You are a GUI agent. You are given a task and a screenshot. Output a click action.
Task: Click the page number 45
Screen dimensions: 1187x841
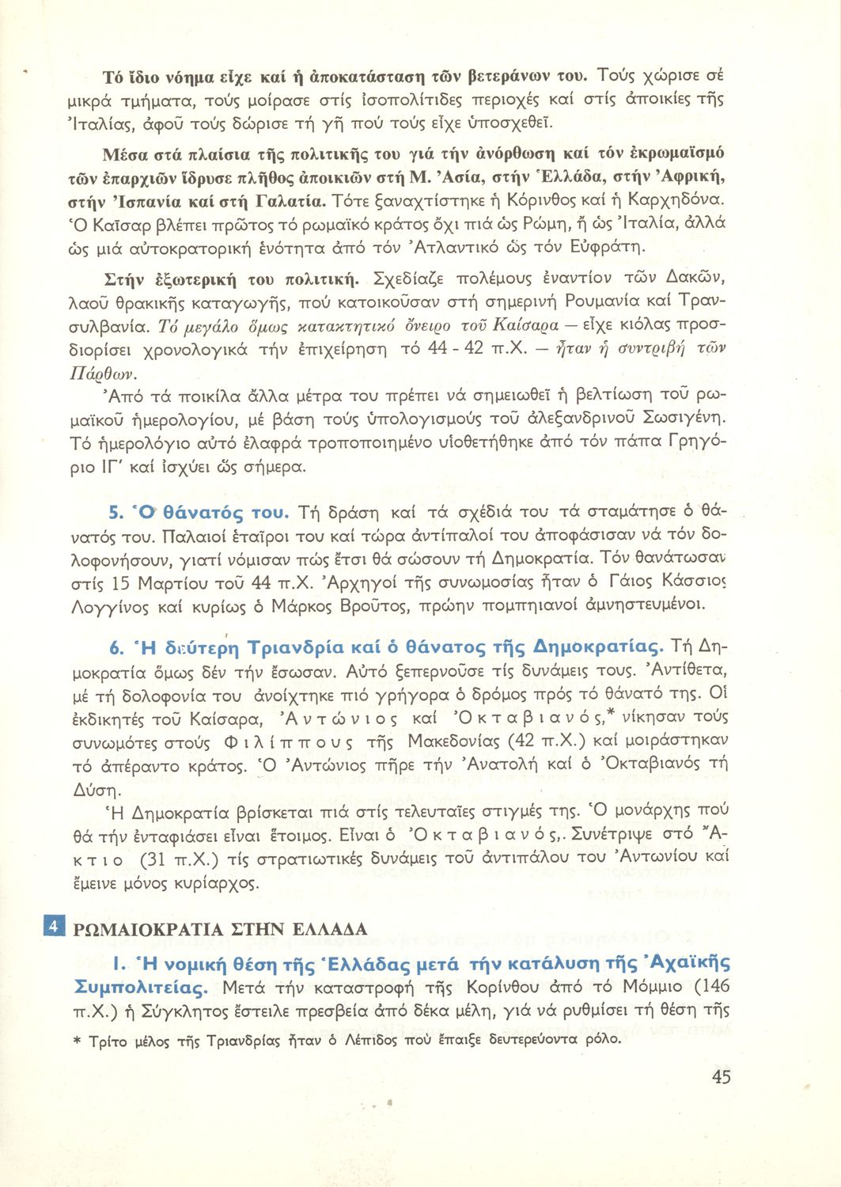coord(721,1077)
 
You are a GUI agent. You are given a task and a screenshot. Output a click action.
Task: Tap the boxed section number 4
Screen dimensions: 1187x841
coord(52,927)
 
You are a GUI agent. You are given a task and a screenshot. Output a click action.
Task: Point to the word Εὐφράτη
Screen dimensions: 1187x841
coord(608,248)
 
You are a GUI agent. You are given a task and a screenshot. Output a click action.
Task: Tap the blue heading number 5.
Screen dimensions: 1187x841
coord(113,512)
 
